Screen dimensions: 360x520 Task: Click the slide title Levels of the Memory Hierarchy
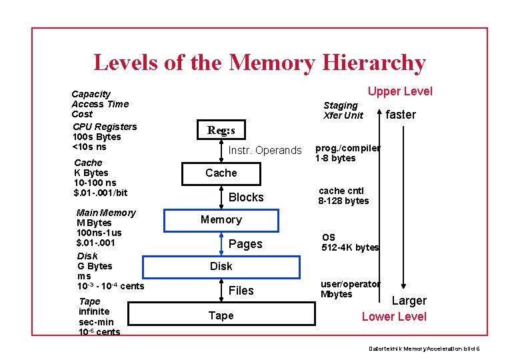click(259, 63)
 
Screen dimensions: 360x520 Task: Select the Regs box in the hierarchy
click(221, 131)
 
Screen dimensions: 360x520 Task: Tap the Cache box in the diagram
click(221, 173)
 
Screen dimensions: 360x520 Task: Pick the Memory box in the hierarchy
click(221, 219)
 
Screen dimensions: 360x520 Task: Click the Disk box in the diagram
click(221, 267)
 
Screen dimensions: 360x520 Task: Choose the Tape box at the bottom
click(221, 315)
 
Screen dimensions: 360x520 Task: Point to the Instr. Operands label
click(265, 151)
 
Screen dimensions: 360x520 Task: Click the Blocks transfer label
click(246, 197)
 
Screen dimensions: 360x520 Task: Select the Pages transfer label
click(245, 244)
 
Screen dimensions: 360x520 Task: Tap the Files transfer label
click(241, 291)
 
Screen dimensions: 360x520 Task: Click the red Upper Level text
click(400, 92)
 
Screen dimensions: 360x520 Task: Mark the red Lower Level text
click(394, 317)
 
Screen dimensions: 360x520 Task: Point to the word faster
click(401, 115)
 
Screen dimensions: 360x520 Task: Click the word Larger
click(409, 301)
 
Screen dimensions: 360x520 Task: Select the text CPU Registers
click(105, 127)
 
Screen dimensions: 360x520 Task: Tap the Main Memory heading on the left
click(106, 213)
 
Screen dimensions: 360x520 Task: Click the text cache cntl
click(341, 191)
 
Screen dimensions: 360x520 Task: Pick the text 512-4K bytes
click(350, 247)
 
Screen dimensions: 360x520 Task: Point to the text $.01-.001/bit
click(101, 193)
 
